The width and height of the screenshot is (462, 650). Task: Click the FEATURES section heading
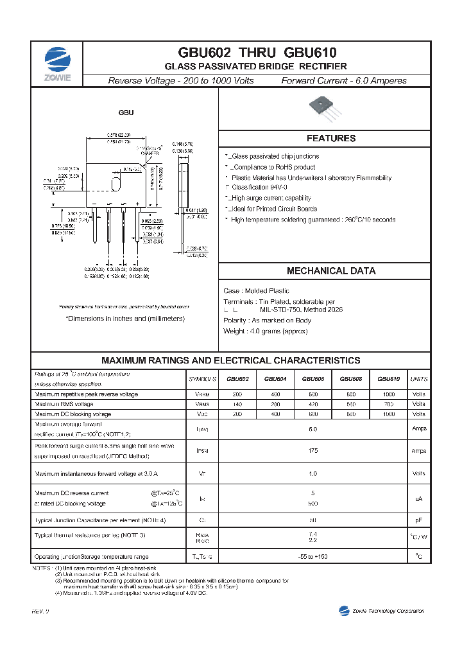click(330, 138)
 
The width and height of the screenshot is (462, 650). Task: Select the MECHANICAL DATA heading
click(330, 271)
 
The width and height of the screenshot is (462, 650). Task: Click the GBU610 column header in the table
click(388, 379)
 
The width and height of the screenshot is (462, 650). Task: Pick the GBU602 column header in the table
click(237, 379)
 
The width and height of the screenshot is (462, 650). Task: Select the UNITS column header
click(418, 379)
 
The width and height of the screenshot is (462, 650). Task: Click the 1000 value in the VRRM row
click(388, 394)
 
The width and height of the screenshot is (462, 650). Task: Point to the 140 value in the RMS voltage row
click(237, 404)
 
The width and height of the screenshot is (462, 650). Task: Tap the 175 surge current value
click(313, 451)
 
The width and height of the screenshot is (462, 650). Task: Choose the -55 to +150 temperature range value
click(313, 556)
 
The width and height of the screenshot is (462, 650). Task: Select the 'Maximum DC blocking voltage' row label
click(73, 414)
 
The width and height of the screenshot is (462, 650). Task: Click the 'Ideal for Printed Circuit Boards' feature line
click(273, 209)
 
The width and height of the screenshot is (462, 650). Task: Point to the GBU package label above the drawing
click(126, 112)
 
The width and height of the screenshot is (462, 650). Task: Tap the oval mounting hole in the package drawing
click(116, 183)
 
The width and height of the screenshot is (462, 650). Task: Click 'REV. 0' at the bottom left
click(40, 611)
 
